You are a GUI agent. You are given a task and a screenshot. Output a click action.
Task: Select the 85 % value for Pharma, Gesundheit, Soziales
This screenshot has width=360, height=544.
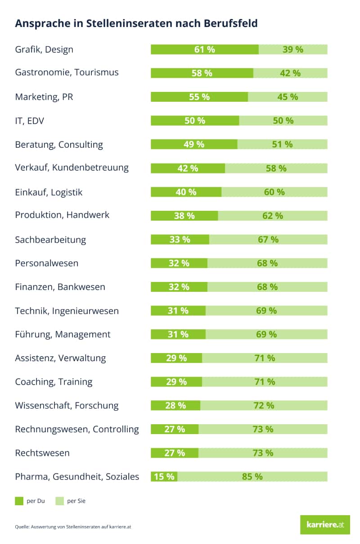[x=252, y=476]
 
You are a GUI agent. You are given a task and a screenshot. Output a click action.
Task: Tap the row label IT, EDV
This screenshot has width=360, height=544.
[x=30, y=121]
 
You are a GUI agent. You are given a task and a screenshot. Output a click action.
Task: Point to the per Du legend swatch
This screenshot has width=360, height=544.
[x=19, y=501]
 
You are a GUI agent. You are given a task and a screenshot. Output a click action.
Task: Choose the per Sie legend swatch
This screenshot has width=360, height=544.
[x=59, y=501]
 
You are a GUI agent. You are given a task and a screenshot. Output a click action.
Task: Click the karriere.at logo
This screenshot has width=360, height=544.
[x=325, y=525]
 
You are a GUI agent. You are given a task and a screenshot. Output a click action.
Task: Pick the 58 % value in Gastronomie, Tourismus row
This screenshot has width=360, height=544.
[x=202, y=73]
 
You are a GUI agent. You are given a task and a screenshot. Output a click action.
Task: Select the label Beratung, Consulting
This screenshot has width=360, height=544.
[x=59, y=145]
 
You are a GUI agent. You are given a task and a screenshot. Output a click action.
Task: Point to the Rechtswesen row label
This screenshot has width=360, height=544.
[x=42, y=453]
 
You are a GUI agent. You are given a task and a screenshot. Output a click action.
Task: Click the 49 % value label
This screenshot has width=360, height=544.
[x=194, y=144]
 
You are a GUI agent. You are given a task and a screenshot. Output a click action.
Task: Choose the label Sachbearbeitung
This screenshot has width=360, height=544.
[x=50, y=240]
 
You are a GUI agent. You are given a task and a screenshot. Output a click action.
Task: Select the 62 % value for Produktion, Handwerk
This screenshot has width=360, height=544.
[x=273, y=216]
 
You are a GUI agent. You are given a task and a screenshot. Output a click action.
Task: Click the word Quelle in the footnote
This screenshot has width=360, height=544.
[x=22, y=526]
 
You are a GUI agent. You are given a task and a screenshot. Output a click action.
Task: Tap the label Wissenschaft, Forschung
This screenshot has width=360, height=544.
[x=67, y=405]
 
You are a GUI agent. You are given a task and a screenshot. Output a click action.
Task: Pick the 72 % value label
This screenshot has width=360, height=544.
[x=264, y=405]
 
